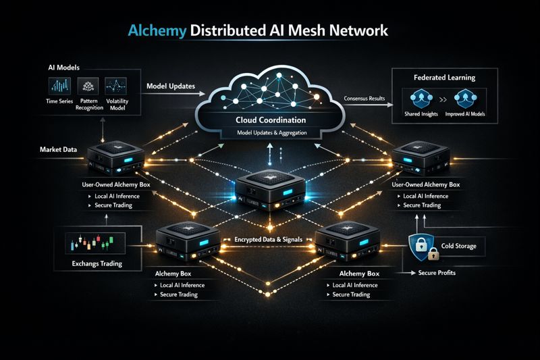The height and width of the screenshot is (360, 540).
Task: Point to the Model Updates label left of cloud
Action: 171,86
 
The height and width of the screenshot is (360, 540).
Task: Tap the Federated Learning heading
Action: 446,77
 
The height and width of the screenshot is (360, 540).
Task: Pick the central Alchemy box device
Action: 271,192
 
